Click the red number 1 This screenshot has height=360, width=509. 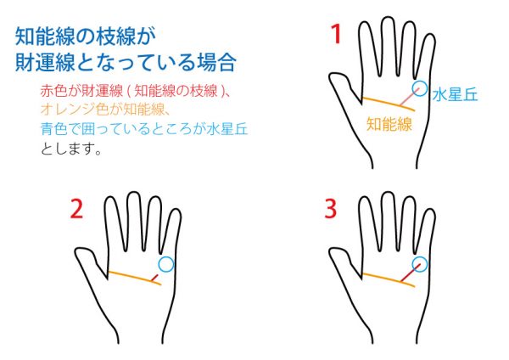point(336,35)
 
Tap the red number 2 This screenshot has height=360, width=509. point(76,209)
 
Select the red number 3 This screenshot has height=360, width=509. point(331,209)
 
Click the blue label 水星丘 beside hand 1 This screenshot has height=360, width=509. point(455,95)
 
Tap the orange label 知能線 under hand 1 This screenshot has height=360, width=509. point(389,124)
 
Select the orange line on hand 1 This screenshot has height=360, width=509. point(389,104)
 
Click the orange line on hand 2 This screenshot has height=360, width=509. point(134,277)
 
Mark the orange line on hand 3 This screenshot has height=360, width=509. point(389,279)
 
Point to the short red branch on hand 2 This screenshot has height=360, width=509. point(155,278)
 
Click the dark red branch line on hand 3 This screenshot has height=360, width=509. point(411,273)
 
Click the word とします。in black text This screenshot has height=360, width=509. point(71,149)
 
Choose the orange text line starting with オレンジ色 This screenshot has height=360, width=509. point(105,110)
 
